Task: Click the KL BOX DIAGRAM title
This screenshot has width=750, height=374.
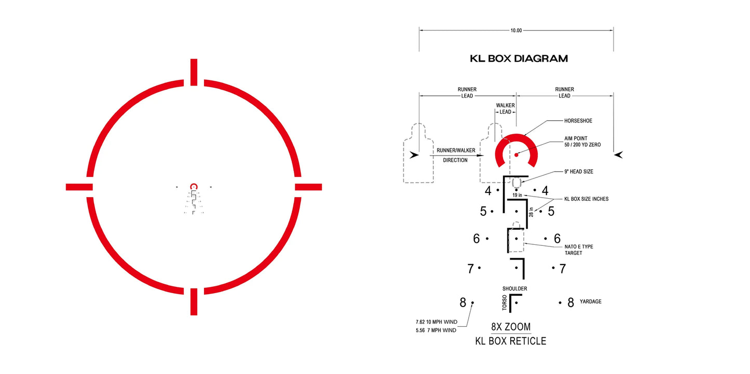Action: (519, 59)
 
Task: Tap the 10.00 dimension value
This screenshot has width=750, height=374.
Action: (516, 31)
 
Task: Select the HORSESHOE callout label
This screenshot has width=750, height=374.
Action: (578, 121)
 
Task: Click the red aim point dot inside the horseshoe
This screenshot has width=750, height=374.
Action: (516, 155)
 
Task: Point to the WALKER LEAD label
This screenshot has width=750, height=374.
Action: (505, 108)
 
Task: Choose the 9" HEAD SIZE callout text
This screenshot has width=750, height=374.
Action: (579, 172)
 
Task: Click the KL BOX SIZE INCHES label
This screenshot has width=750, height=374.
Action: (587, 199)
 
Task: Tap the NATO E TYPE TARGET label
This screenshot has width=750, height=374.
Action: (579, 250)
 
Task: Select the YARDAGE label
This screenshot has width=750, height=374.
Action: (591, 301)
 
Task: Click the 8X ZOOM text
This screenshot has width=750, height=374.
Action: (511, 326)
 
